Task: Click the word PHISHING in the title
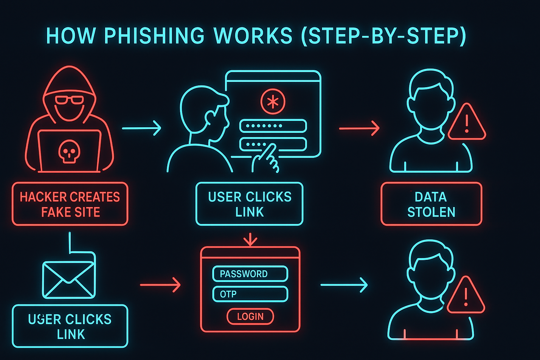tap(154, 36)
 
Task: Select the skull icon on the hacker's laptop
tap(69, 151)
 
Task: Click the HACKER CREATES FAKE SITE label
tap(70, 204)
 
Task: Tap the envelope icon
tap(69, 280)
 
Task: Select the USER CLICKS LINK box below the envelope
tap(70, 326)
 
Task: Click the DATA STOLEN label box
tap(431, 204)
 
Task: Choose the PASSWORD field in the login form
tap(250, 274)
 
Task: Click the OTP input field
tap(250, 294)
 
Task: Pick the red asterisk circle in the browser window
tap(273, 102)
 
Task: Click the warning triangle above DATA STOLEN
tap(467, 123)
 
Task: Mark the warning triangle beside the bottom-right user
tap(466, 296)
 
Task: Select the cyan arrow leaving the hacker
tap(142, 128)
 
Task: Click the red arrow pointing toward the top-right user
tap(359, 128)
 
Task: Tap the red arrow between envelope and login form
tap(160, 284)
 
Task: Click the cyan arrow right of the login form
tap(344, 284)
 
